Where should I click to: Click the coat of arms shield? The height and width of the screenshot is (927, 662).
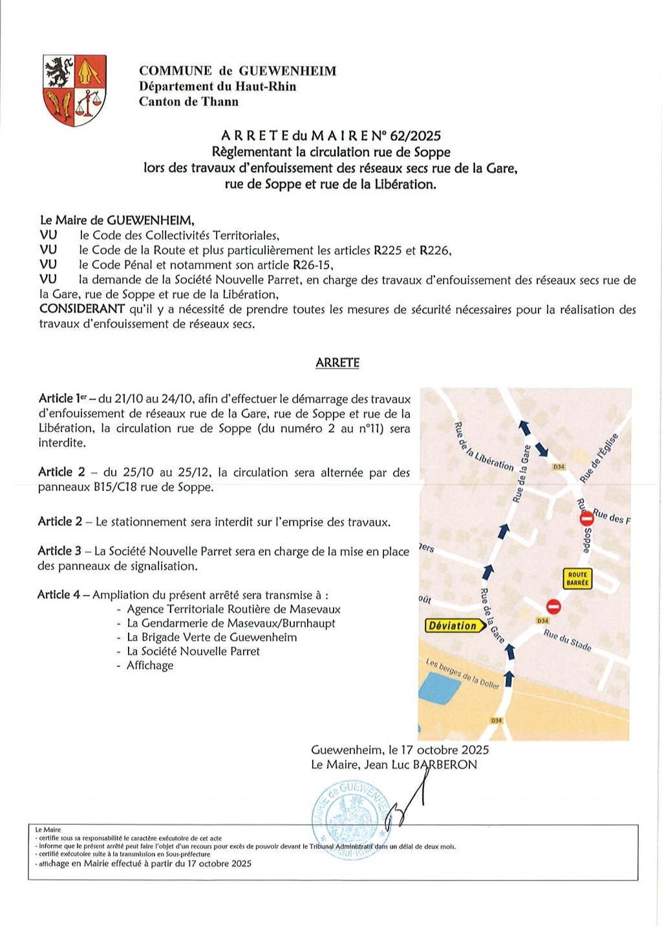coord(74,90)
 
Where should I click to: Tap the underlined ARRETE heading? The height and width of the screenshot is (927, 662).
coord(337,363)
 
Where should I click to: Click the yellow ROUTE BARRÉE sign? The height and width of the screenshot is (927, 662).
coord(577,579)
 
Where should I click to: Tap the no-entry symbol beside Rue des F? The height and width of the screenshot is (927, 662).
coord(587,519)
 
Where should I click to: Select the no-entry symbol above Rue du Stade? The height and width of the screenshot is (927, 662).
coord(553,606)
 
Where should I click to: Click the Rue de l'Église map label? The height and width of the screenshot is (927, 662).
coord(599,458)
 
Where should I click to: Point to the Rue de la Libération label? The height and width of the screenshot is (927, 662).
coord(484,447)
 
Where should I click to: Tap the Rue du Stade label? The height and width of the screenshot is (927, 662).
coord(568,640)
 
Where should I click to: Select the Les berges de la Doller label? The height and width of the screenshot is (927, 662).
coord(462,673)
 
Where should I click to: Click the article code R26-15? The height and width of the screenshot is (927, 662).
coord(313,265)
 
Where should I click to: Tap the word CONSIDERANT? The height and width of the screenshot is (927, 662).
coord(82,309)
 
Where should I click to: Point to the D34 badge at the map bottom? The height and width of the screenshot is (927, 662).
coord(496,720)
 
